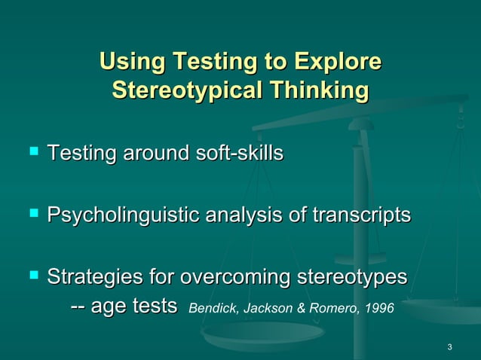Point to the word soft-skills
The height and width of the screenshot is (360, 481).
pyautogui.click(x=239, y=154)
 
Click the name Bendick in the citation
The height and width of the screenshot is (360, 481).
pyautogui.click(x=207, y=309)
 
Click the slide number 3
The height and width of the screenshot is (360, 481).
pyautogui.click(x=449, y=347)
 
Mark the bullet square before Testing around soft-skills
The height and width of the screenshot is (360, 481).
pyautogui.click(x=32, y=154)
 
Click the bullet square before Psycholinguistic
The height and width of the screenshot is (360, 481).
pyautogui.click(x=32, y=216)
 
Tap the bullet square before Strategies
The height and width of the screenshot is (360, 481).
pyautogui.click(x=32, y=277)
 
